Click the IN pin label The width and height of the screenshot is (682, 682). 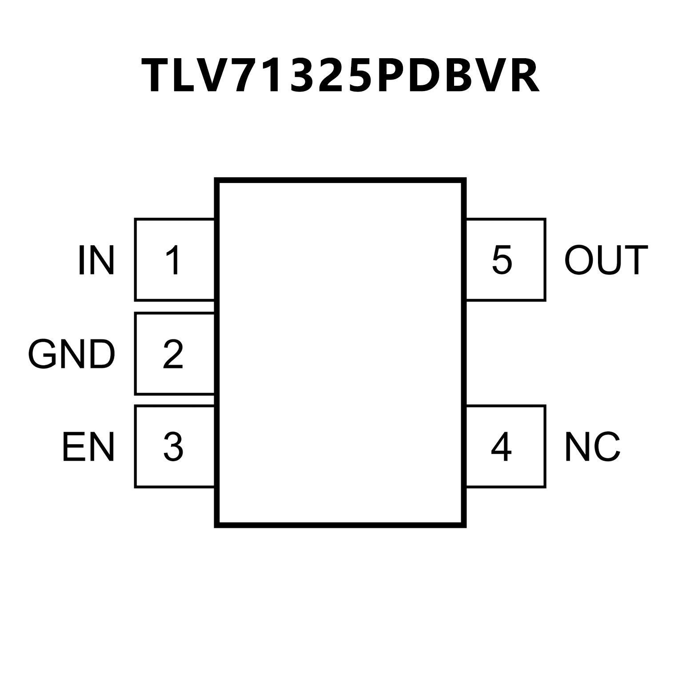(96, 260)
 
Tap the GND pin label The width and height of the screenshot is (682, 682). (72, 354)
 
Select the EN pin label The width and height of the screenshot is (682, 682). (88, 447)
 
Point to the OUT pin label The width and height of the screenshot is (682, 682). (606, 260)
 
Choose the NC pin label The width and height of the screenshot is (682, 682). (592, 447)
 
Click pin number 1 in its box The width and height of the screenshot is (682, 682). (173, 260)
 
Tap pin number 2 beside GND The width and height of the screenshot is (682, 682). (173, 354)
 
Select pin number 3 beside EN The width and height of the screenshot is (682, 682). (173, 447)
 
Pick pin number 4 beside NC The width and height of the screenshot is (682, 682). (501, 447)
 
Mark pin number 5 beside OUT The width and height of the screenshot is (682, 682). (502, 260)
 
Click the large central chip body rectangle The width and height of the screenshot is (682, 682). (340, 353)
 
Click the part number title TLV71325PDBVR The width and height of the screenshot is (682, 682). (340, 76)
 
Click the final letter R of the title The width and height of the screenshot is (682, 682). (523, 76)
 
